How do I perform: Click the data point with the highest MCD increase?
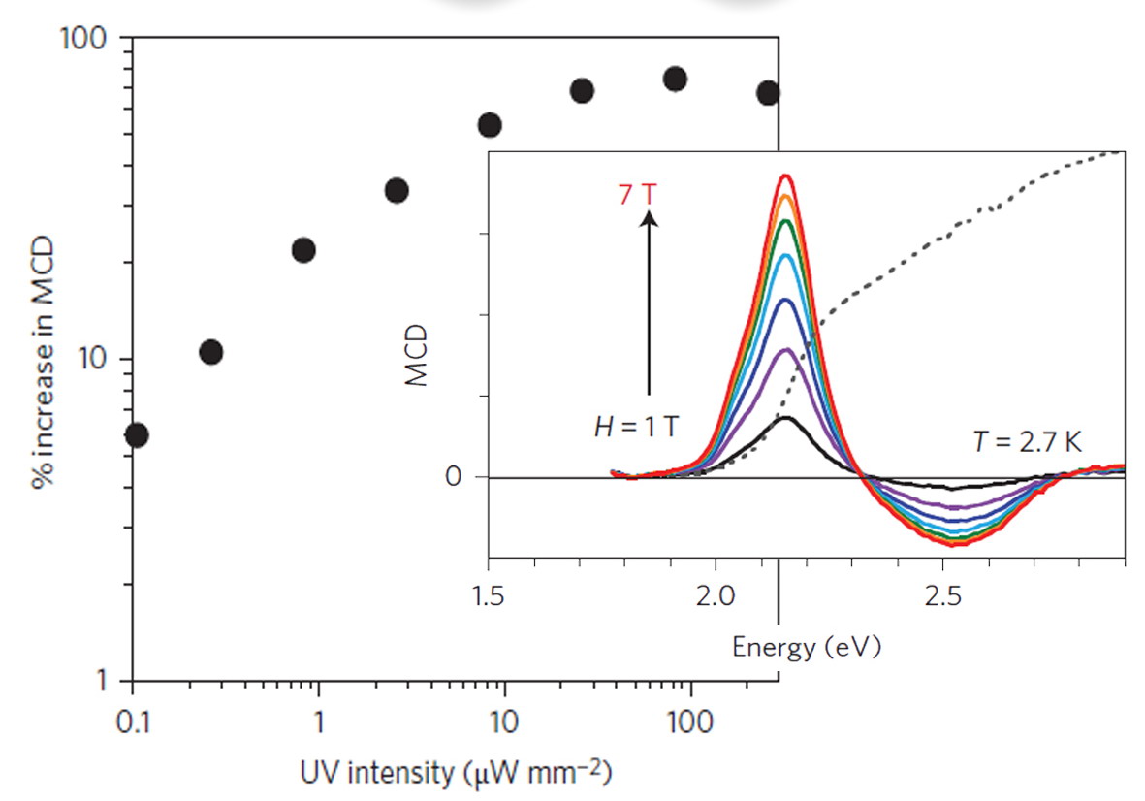pos(675,79)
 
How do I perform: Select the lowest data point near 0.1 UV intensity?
pos(137,435)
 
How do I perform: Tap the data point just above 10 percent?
pos(211,352)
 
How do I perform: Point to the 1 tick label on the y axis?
pos(103,681)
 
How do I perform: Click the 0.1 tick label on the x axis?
pos(132,722)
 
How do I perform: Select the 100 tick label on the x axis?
pos(689,722)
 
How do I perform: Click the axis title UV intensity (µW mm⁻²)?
pos(456,773)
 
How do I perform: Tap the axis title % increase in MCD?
pos(44,362)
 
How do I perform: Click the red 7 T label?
pos(638,195)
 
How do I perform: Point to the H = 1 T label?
pos(637,426)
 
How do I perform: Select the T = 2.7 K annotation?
pos(1028,442)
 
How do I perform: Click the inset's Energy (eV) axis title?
pos(807,648)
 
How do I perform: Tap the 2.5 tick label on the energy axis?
pos(942,595)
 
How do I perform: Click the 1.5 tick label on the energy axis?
pos(488,595)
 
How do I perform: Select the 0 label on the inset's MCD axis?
pos(454,477)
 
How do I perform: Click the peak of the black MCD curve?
pos(785,417)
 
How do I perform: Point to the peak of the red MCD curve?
pos(785,176)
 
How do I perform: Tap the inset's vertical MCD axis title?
pos(416,356)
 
